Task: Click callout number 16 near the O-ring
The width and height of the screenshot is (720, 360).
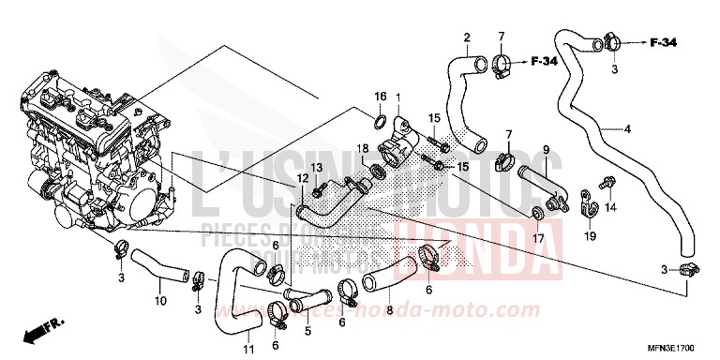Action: pyautogui.click(x=381, y=97)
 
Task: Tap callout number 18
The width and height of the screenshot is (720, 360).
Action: pyautogui.click(x=361, y=148)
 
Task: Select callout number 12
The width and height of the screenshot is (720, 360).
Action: pyautogui.click(x=303, y=178)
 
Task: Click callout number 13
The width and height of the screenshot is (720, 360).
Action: pyautogui.click(x=316, y=167)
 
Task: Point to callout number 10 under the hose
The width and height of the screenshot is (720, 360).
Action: pyautogui.click(x=159, y=301)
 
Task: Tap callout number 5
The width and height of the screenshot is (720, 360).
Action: pyautogui.click(x=307, y=330)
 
